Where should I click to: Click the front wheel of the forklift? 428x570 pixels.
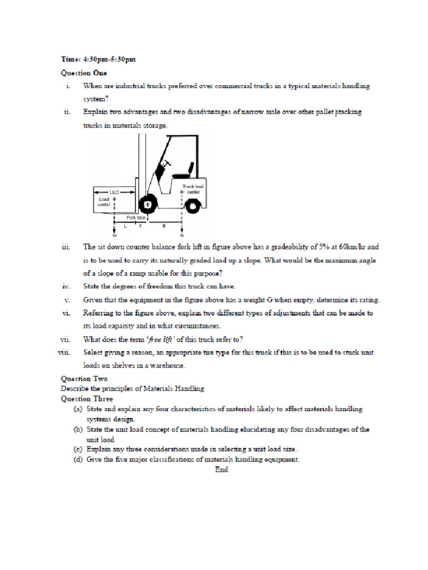click(x=147, y=205)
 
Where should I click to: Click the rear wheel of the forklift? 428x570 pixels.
click(x=192, y=206)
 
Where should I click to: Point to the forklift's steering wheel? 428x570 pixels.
click(x=165, y=164)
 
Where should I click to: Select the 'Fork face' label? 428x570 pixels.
click(x=136, y=218)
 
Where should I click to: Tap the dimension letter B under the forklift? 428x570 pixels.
click(x=164, y=227)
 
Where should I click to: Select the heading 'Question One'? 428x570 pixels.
click(x=84, y=72)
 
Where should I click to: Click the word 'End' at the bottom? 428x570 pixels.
click(x=221, y=470)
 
